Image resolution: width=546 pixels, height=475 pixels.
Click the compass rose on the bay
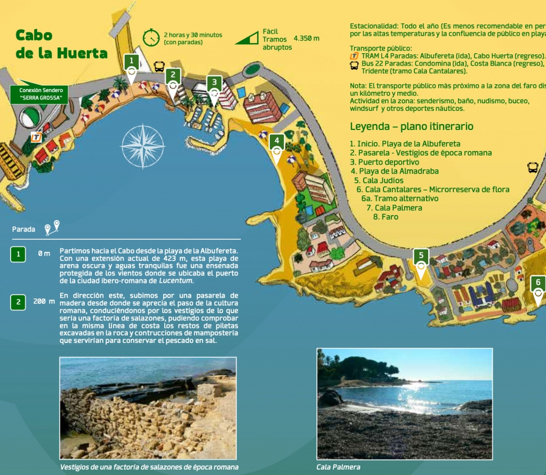(143, 145)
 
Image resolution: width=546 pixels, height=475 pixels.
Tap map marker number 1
(131, 62)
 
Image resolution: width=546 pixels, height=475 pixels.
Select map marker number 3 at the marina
(214, 84)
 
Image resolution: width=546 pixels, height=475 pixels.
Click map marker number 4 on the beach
(276, 143)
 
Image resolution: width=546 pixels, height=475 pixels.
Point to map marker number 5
(421, 257)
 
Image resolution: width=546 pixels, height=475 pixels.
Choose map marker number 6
(538, 284)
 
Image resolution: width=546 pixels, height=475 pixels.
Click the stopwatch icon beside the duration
(151, 38)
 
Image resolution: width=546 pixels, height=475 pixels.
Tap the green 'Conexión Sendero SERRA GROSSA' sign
(37, 94)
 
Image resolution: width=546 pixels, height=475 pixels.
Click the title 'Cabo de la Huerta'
(60, 44)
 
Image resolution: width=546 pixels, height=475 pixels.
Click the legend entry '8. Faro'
(386, 217)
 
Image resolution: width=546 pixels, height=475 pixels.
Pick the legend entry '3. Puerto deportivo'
(384, 162)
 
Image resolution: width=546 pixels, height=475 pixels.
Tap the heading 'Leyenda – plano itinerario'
(412, 127)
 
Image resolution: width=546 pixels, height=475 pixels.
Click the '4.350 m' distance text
(306, 38)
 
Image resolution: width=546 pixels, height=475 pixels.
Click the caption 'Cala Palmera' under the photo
(338, 467)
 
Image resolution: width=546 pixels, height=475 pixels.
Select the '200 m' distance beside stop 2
(44, 301)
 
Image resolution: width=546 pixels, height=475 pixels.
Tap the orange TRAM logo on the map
(36, 137)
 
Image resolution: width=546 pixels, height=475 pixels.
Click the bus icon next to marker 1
(159, 66)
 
